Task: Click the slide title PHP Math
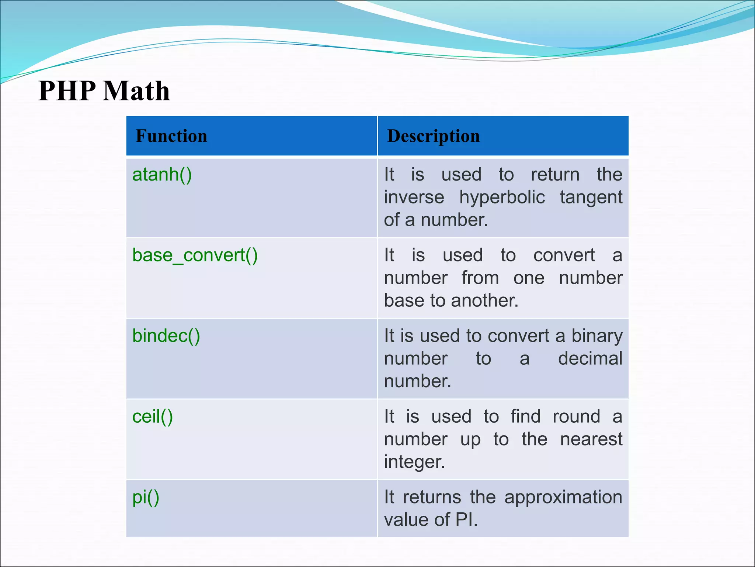[x=104, y=91]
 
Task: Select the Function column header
[x=171, y=136]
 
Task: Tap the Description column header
[x=434, y=136]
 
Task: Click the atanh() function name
[x=162, y=174]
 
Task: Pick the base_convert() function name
[x=195, y=255]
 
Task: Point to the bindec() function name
[x=166, y=336]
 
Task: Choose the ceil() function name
[x=153, y=417]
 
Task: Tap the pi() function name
[x=146, y=497]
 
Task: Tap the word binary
[x=597, y=336]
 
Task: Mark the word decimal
[x=590, y=358]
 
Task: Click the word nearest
[x=591, y=439]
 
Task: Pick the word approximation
[x=563, y=497]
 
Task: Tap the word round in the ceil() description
[x=576, y=417]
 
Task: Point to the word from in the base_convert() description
[x=480, y=278]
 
